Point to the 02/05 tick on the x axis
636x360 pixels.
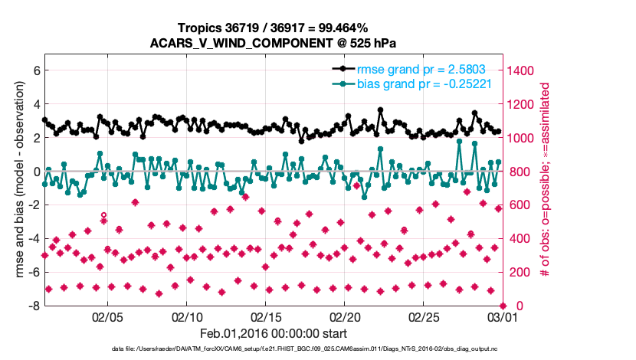click(x=107, y=316)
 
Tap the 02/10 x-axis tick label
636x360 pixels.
click(x=187, y=316)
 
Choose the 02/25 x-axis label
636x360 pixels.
click(x=424, y=316)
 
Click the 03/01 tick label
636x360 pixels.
click(x=503, y=316)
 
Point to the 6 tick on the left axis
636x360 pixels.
click(x=34, y=70)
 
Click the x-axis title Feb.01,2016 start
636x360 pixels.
click(x=274, y=333)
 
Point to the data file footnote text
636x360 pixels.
click(x=306, y=349)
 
